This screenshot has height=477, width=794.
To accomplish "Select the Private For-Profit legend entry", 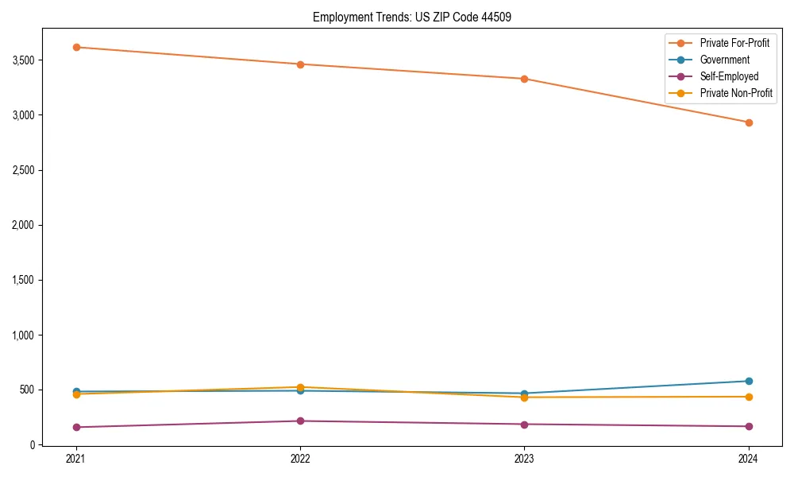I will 734,43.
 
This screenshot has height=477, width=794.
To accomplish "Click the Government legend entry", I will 724,60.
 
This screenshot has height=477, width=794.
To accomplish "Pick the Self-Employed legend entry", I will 729,76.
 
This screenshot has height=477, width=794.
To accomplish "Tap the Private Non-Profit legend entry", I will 736,93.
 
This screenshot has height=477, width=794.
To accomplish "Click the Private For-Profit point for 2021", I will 76,47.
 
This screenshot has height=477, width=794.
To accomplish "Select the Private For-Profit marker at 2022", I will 300,64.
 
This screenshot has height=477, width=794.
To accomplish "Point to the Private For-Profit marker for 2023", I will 524,79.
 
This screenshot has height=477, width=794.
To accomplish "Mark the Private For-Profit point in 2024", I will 749,122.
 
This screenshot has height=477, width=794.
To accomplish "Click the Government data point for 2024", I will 749,381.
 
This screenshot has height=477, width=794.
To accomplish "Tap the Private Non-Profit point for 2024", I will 749,397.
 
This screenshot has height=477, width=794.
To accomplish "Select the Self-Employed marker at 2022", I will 300,421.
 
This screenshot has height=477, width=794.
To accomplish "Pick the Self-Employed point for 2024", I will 749,426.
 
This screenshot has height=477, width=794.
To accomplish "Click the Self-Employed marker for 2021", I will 76,427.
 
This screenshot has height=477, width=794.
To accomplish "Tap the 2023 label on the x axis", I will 524,458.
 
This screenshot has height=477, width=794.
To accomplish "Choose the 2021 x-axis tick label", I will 76,458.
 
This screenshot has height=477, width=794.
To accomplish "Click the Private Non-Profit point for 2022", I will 300,387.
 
